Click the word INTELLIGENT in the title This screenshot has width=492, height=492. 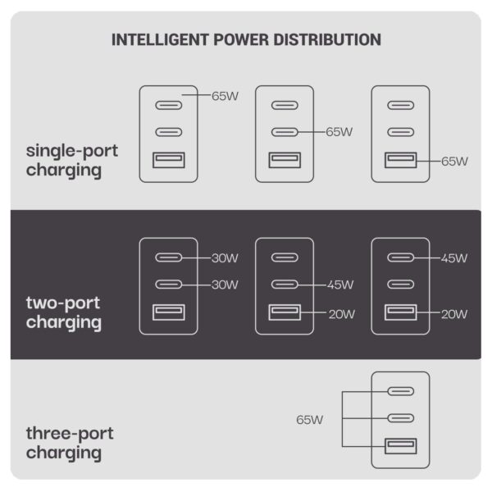(160, 40)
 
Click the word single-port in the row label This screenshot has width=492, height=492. (72, 152)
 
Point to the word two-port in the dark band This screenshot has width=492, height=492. (63, 303)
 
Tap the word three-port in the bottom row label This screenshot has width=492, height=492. (70, 434)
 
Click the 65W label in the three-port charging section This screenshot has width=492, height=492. (309, 420)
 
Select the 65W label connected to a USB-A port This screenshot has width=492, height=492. (454, 162)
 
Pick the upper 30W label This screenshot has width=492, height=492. (225, 258)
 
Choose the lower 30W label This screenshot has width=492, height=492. (225, 285)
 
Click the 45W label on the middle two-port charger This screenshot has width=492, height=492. (340, 285)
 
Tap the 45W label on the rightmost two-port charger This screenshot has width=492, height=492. (454, 258)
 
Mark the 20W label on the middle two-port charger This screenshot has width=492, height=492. (342, 314)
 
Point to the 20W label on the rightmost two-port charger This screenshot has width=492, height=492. (454, 314)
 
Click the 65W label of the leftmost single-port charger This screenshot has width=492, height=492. (225, 96)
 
